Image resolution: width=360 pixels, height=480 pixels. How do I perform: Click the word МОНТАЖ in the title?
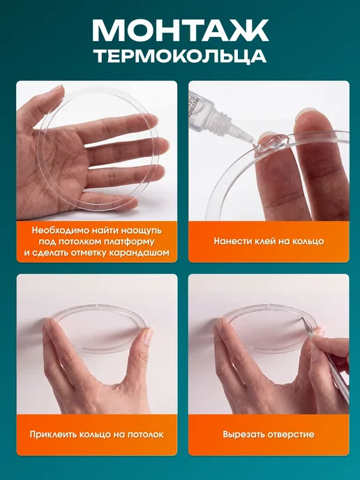[180, 30]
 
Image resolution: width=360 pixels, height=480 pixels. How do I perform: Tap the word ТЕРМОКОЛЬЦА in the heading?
[180, 57]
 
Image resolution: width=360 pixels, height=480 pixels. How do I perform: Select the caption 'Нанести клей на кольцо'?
[269, 241]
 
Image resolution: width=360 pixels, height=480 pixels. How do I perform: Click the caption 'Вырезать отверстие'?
[269, 435]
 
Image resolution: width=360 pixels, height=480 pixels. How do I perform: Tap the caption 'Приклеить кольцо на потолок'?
[97, 435]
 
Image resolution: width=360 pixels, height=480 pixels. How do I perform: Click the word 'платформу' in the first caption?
[129, 242]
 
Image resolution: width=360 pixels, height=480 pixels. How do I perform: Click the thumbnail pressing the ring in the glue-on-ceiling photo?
[148, 336]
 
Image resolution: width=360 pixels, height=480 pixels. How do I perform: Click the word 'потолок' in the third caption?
[146, 435]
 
